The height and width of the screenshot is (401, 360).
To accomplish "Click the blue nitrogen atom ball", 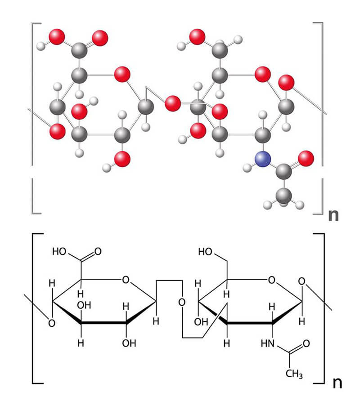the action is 263,159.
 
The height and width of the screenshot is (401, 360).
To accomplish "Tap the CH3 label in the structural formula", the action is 294,374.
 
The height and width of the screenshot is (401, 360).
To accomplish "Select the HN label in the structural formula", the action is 268,343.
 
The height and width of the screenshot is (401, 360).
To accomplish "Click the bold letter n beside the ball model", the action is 333,215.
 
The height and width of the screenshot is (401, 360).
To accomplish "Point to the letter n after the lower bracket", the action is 337,383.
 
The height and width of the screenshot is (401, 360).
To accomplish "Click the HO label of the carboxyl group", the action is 59,252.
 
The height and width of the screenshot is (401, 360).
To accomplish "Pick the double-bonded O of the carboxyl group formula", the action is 98,252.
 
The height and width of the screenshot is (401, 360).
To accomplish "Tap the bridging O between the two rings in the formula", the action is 182,302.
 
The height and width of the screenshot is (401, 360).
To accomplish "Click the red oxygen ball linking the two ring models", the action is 172,103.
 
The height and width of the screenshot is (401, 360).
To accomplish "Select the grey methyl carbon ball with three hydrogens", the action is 283,196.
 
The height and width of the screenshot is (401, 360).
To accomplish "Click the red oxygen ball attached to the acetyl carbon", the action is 306,159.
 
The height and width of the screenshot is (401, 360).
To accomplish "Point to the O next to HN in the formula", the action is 306,343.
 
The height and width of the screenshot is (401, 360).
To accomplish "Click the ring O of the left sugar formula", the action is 126,280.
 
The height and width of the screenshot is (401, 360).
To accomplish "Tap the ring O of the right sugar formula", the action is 272,280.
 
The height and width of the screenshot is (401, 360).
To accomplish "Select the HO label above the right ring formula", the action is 205,252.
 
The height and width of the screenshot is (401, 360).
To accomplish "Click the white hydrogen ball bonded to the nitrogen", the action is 247,168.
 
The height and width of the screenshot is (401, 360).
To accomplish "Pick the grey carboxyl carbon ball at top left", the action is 79,50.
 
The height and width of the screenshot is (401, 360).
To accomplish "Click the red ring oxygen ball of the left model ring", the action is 122,74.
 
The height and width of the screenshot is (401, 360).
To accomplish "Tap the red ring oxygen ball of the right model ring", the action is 262,74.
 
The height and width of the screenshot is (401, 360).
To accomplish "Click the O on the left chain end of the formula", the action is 52,323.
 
